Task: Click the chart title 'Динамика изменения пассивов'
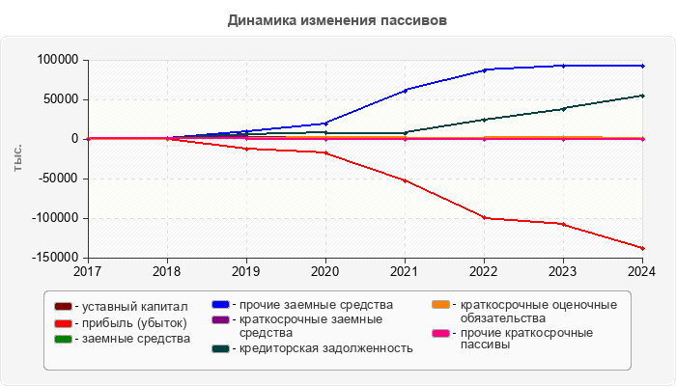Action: point(338,19)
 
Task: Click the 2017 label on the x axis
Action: point(88,272)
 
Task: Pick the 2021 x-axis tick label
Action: point(405,272)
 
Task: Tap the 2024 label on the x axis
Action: point(642,272)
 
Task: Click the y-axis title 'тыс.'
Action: point(17,159)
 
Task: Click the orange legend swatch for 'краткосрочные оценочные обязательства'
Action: point(439,306)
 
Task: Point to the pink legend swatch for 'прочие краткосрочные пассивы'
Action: point(439,333)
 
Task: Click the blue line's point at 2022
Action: point(485,69)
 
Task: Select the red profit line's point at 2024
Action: point(643,248)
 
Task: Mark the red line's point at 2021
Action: point(406,180)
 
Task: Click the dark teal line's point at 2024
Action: point(643,96)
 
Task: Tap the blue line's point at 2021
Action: point(406,90)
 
